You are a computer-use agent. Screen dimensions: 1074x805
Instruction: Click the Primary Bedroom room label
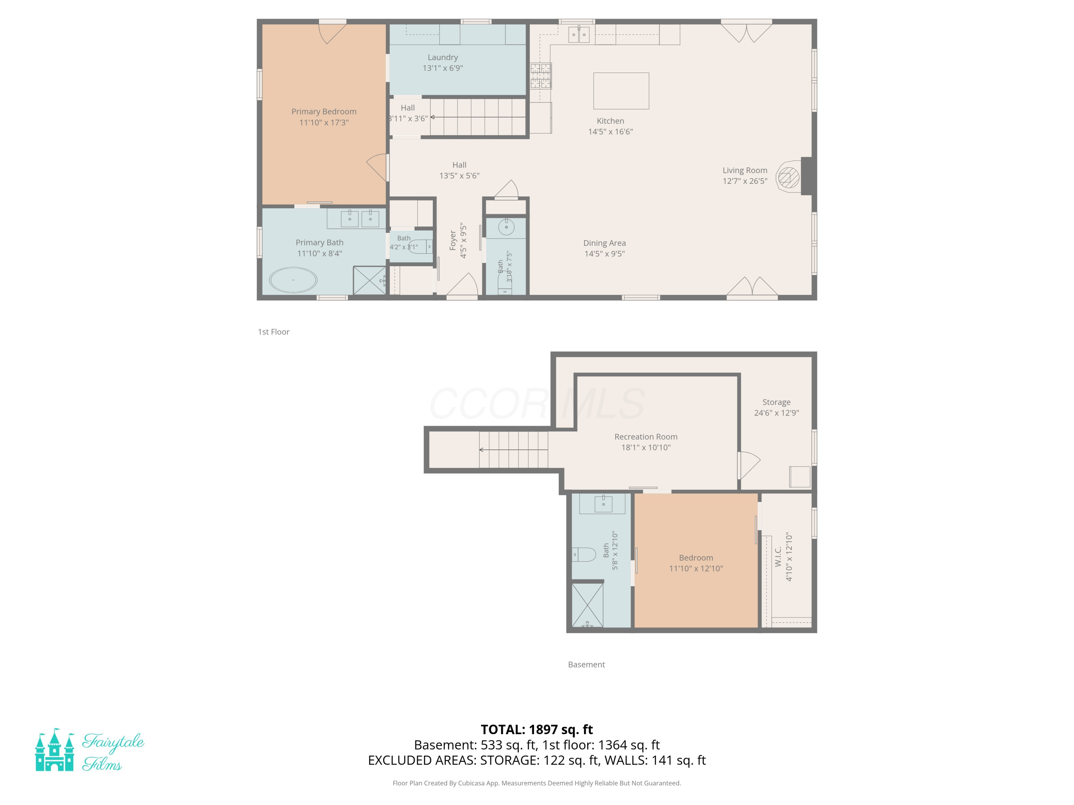coord(324,112)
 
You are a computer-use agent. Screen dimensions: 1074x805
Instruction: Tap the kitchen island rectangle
coord(621,91)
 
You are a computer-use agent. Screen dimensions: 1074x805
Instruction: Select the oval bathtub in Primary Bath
coord(293,280)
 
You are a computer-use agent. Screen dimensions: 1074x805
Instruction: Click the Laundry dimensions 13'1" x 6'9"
coord(443,68)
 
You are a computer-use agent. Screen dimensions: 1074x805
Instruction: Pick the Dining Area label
coord(605,243)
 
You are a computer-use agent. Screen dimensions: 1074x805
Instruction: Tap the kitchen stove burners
coord(540,76)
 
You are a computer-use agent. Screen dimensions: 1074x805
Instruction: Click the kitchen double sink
coord(579,34)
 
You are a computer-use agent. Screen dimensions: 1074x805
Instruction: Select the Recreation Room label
coord(646,437)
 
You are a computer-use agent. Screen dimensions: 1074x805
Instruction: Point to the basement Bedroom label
coord(696,558)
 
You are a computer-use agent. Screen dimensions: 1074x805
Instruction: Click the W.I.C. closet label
coord(778,557)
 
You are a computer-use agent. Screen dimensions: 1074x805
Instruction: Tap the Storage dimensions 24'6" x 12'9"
coord(777,413)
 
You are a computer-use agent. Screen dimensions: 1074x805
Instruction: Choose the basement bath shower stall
coord(587,605)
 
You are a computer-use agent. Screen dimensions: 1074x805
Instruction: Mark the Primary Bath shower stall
coord(369,280)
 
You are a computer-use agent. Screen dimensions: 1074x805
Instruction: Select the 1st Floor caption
coord(274,332)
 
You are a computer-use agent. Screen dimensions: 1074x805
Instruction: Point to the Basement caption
coord(586,665)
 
